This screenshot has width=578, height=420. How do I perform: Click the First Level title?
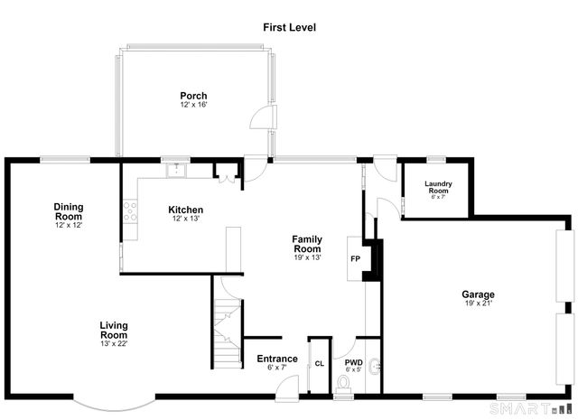click(289, 27)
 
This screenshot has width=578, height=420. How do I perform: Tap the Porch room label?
click(193, 96)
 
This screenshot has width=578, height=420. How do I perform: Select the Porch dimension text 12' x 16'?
click(193, 105)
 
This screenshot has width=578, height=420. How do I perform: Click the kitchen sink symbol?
click(177, 170)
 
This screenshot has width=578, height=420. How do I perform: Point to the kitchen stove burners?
click(130, 211)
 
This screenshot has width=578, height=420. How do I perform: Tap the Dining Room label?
click(69, 211)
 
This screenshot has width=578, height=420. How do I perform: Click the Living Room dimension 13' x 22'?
click(114, 343)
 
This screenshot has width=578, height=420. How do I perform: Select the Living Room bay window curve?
click(115, 406)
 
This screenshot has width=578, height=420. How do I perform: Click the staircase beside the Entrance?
click(228, 333)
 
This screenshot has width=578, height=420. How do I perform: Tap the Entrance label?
click(277, 359)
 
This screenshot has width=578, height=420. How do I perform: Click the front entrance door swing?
click(287, 387)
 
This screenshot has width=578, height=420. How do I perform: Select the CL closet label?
click(320, 364)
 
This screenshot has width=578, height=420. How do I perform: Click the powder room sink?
click(374, 366)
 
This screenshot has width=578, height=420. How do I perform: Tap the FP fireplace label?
click(355, 259)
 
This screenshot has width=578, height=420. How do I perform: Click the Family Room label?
click(307, 244)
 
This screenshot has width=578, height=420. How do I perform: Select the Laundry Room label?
click(438, 187)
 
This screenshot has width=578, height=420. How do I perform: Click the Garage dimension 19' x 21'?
click(478, 303)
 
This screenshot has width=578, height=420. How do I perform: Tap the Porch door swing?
click(263, 117)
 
